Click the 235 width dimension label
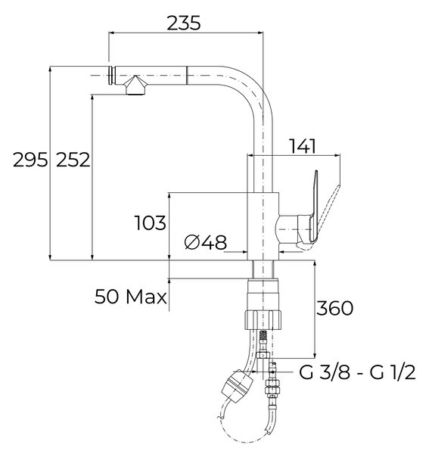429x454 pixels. pos(184,23)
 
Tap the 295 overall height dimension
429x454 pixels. pos(30,160)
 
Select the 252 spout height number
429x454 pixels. pos(73,160)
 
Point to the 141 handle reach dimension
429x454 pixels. pos(303,146)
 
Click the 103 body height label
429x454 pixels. pos(151,223)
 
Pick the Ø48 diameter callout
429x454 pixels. pos(206,242)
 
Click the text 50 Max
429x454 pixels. pos(131,297)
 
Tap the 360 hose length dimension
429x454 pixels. pos(335,308)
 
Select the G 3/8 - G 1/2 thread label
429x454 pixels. pos(357,372)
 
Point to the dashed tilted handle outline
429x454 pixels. pos(328,210)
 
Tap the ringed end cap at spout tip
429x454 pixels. pos(112,76)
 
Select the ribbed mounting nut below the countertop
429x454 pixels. pos(263,320)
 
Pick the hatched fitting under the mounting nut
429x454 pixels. pos(263,335)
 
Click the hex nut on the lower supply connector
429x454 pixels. pos(272,387)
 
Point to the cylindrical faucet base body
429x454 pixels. pos(263,226)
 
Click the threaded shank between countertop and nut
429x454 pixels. pos(263,269)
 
